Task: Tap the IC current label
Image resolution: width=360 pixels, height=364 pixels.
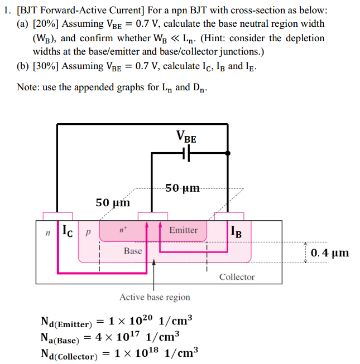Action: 66,229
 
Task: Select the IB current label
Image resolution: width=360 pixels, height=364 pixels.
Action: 236,231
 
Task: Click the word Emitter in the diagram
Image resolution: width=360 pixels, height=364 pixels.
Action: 183,230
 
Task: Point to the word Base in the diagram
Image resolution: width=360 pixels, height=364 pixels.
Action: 133,251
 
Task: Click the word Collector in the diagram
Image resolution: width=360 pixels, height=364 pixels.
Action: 237,276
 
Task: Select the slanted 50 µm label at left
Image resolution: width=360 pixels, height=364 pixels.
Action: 113,202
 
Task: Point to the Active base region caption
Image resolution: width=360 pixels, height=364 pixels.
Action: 155,297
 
